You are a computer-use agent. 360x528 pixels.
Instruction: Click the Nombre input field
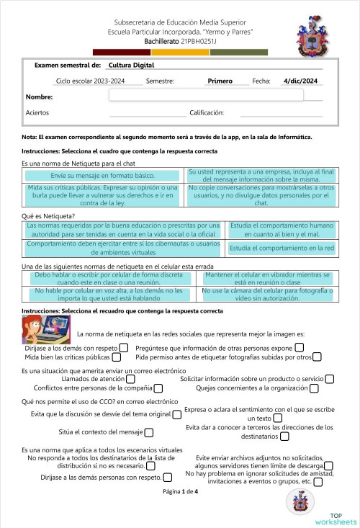pos(206,95)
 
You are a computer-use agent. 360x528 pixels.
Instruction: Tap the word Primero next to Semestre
pos(220,81)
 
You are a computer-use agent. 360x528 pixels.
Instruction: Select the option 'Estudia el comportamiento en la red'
pos(282,248)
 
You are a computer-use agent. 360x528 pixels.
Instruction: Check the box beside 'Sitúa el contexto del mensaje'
pos(149,433)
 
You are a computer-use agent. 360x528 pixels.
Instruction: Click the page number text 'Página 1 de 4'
pos(179,491)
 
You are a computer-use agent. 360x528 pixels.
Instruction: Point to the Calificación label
pos(207,113)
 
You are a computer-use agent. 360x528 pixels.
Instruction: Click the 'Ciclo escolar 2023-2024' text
pos(90,81)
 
